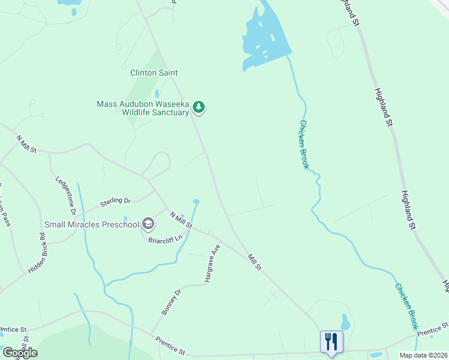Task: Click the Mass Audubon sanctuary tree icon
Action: point(199,108)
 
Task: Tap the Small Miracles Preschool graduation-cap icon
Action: point(148,225)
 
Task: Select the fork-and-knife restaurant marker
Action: point(331,342)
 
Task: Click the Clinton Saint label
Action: point(154,73)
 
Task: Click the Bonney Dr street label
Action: point(170,302)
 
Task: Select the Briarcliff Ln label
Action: point(165,239)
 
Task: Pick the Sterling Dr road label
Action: point(115,200)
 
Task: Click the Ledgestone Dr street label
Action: point(65,196)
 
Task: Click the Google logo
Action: point(20,353)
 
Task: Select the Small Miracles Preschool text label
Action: point(92,225)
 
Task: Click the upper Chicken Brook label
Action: point(304,145)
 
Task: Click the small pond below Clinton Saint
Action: point(157,94)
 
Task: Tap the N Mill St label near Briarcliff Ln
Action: point(180,220)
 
